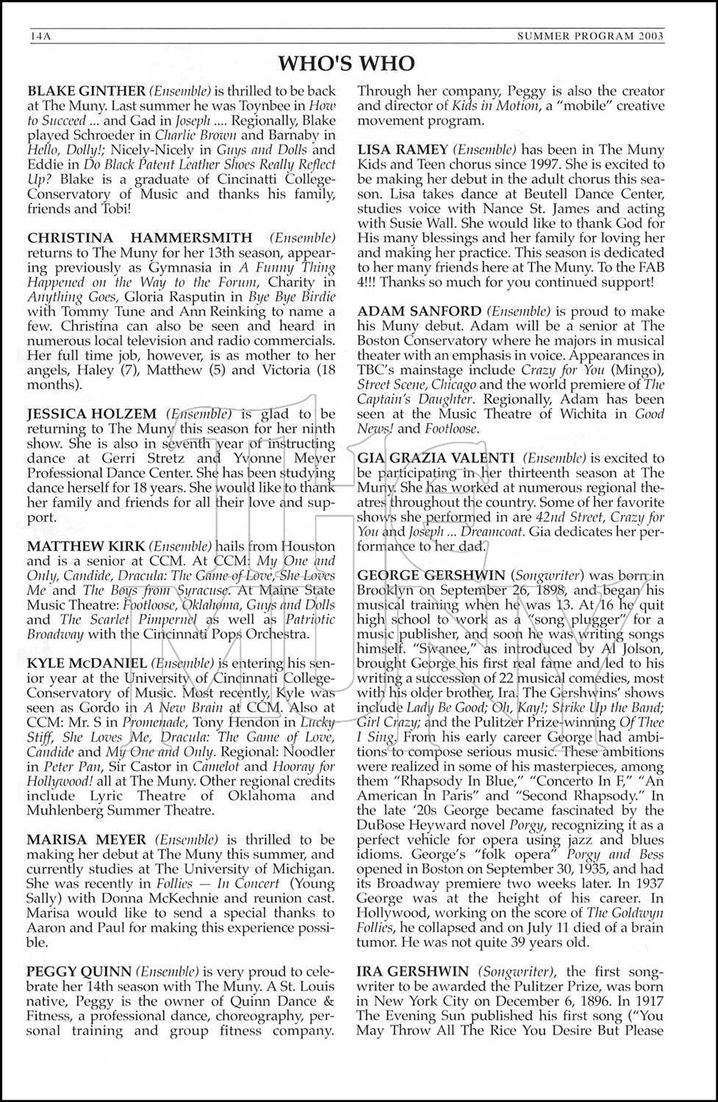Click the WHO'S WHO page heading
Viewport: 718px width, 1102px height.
click(346, 64)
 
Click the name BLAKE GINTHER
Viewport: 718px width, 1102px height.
click(86, 92)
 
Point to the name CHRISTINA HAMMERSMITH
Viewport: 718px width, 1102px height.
click(140, 238)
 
